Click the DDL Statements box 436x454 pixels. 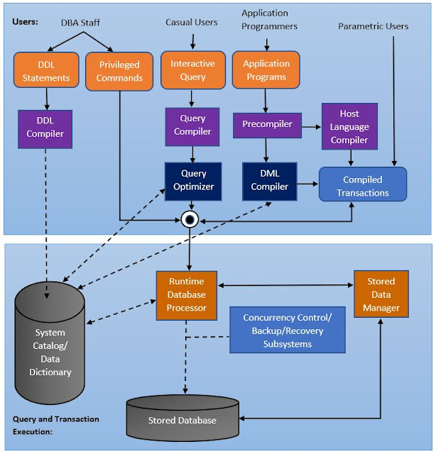click(46, 71)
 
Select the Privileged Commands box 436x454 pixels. click(119, 71)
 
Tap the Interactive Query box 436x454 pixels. click(192, 70)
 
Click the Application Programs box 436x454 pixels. click(266, 70)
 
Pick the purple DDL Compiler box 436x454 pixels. click(46, 128)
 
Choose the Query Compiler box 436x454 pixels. click(192, 125)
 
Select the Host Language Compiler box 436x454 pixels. click(349, 127)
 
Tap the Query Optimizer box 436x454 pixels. click(193, 180)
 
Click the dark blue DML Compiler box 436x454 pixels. click(269, 180)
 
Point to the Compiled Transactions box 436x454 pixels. click(362, 185)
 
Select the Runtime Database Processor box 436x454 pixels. click(187, 295)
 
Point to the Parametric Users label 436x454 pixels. click(373, 26)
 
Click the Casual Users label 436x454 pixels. click(192, 22)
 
